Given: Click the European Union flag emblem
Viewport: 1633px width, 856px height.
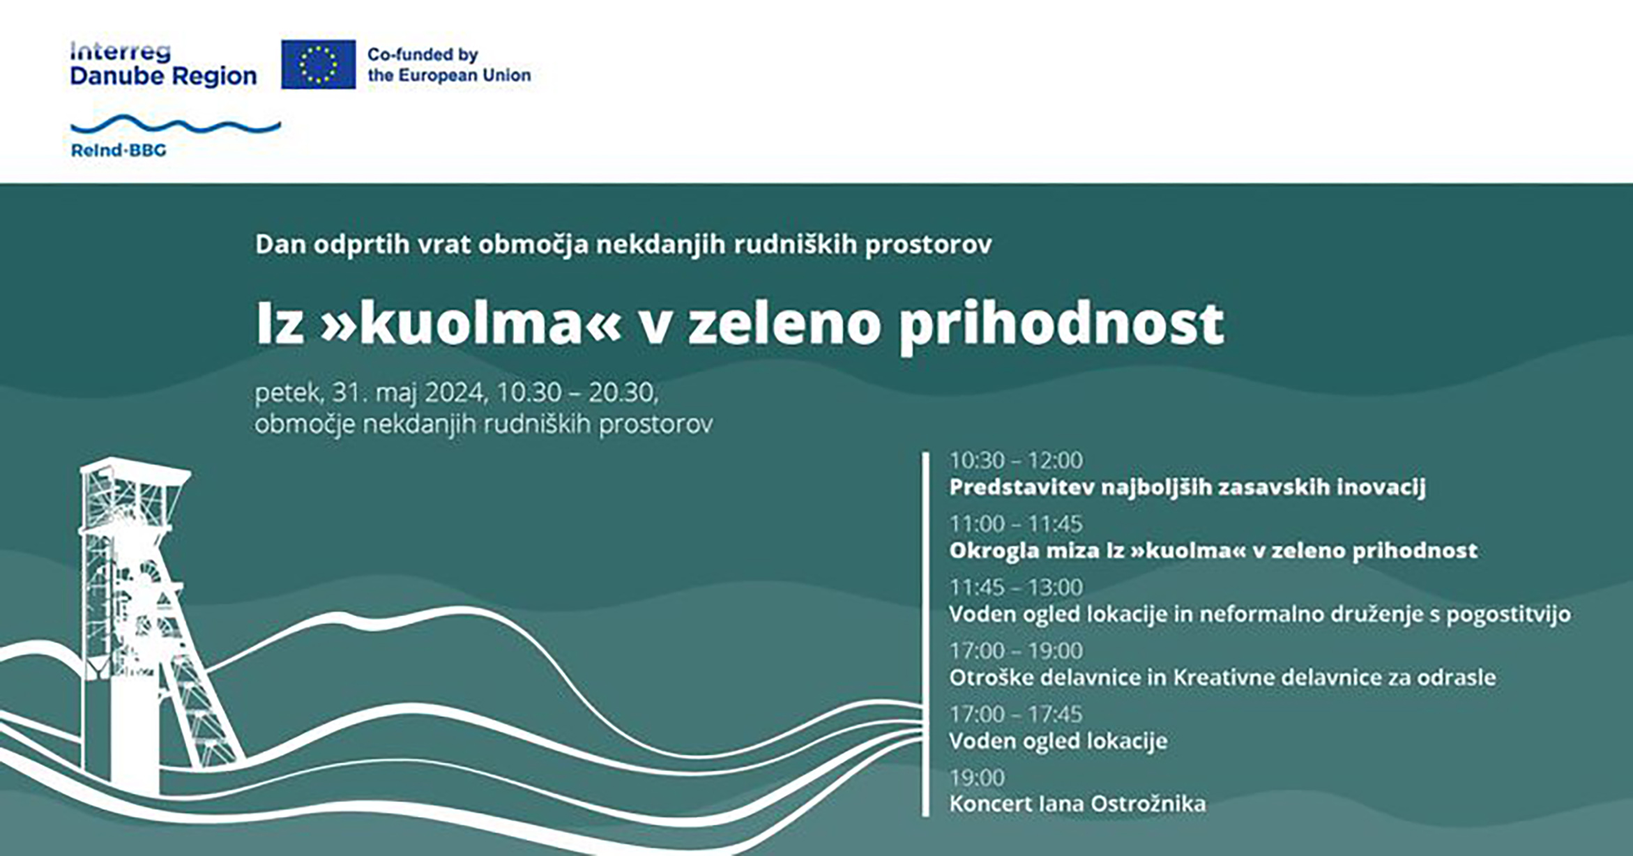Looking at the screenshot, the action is [318, 64].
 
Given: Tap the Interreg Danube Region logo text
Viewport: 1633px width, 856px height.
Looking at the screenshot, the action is [163, 64].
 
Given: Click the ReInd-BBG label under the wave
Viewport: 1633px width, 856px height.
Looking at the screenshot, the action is [119, 150].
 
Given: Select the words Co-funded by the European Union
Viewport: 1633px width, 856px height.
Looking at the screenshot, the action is [449, 65].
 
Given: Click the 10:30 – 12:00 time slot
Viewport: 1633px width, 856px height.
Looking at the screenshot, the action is [1016, 460].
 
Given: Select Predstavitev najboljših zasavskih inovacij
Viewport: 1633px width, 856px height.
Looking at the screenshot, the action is [1187, 487].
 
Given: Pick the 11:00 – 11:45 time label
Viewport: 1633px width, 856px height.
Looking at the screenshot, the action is [1016, 523].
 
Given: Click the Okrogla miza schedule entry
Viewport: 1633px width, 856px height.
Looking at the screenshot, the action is [1213, 551].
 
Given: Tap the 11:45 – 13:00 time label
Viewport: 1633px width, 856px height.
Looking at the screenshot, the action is [1016, 587].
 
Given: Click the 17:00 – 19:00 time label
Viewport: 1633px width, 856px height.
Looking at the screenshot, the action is [1016, 650].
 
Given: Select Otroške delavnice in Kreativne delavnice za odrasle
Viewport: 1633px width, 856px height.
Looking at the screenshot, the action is [1222, 678].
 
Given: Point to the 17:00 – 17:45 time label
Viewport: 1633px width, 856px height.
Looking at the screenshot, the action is [1016, 714].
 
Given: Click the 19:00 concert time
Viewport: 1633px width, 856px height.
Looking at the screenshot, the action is [977, 777].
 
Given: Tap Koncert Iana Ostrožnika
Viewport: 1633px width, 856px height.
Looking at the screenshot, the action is [1077, 804].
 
